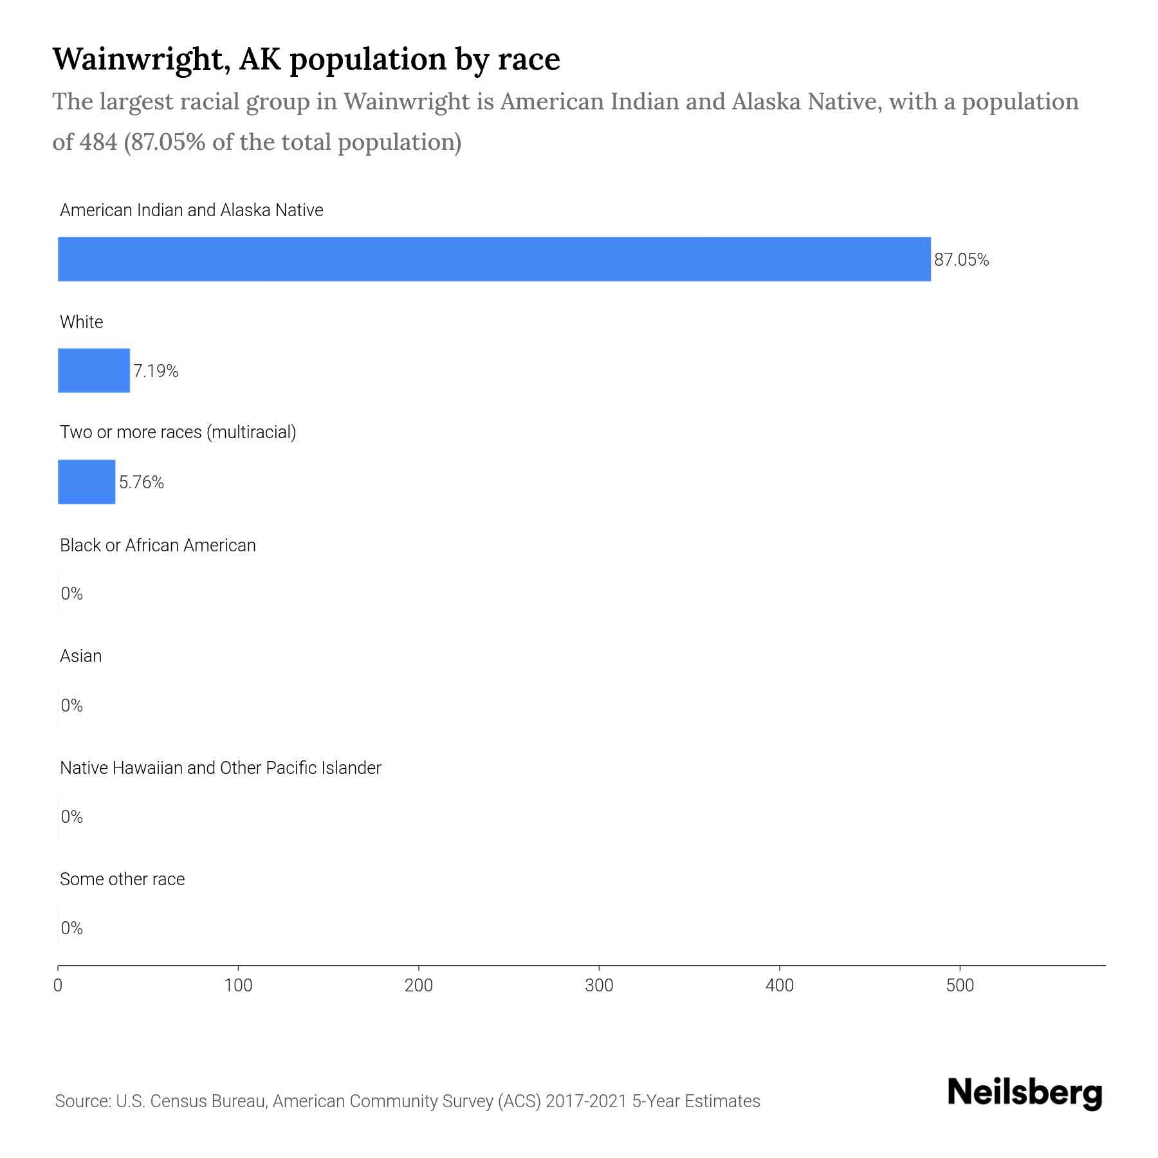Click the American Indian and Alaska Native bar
pos(494,259)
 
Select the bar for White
pos(94,371)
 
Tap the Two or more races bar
pos(87,482)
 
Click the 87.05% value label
pos(961,260)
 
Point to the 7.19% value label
pos(156,371)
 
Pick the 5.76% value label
pos(142,482)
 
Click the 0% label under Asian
pos(71,706)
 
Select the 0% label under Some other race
pos(71,928)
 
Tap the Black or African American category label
pos(158,546)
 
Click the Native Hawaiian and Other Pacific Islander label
pos(220,768)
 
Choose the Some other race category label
pos(122,879)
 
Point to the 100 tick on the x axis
pos(238,985)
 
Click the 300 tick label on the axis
pos(599,985)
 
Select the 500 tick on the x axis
pos(960,985)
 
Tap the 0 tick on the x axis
pos(58,985)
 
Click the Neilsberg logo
pos(1025,1093)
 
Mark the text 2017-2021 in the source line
pos(585,1101)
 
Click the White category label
pos(81,322)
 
